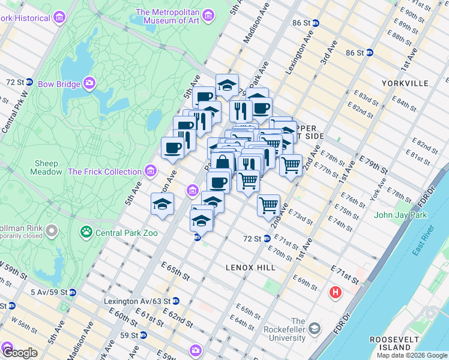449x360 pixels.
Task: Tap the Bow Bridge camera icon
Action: [x=89, y=83]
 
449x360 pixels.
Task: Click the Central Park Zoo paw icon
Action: [x=87, y=233]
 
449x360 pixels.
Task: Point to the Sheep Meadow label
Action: [x=46, y=167]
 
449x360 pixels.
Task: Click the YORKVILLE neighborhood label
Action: [x=405, y=83]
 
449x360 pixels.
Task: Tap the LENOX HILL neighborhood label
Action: [x=250, y=267]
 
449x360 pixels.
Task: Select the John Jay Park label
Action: [x=400, y=215]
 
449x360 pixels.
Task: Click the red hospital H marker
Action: [x=335, y=292]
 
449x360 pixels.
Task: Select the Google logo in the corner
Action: [x=19, y=352]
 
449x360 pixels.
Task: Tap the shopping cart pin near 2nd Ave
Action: [x=268, y=205]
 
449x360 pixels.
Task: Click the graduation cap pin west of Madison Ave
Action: [x=162, y=205]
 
